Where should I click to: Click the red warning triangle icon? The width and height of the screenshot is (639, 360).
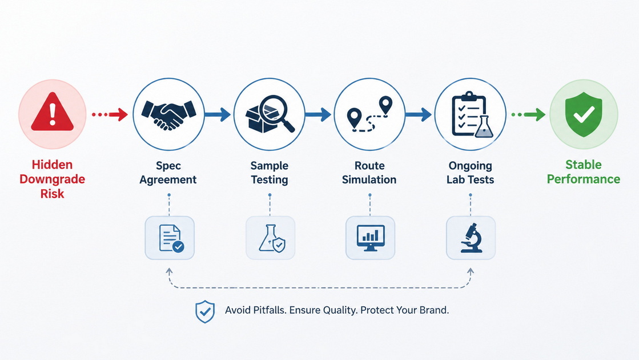52,112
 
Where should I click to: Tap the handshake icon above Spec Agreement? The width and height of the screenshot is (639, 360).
168,114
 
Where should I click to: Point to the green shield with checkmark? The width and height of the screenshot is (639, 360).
584,114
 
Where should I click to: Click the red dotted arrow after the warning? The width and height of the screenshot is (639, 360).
110,114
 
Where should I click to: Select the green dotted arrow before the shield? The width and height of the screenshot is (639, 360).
529,114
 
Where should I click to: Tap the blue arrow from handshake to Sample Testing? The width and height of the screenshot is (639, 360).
218,114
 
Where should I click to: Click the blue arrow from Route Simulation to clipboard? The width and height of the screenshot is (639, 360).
419,114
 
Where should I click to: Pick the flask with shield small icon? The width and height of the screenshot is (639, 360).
271,238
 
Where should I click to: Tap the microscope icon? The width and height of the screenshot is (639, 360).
472,238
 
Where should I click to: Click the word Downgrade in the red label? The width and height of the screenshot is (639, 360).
52,179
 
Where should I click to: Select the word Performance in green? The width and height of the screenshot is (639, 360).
584,179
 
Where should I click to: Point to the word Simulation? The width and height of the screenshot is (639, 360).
369,180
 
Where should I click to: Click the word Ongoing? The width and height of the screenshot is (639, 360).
471,166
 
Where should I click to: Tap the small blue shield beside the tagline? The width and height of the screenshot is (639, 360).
205,312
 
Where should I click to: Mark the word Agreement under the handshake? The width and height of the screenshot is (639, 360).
168,180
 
